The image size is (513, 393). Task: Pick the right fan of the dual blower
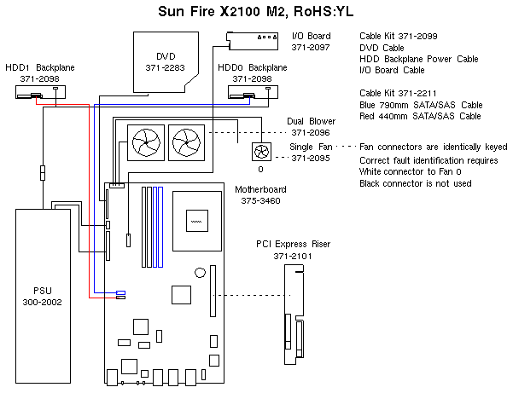[x=185, y=136]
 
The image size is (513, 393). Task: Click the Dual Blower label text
[x=312, y=121]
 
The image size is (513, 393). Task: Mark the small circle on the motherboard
[x=197, y=273]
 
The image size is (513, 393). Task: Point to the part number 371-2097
[x=311, y=48]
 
